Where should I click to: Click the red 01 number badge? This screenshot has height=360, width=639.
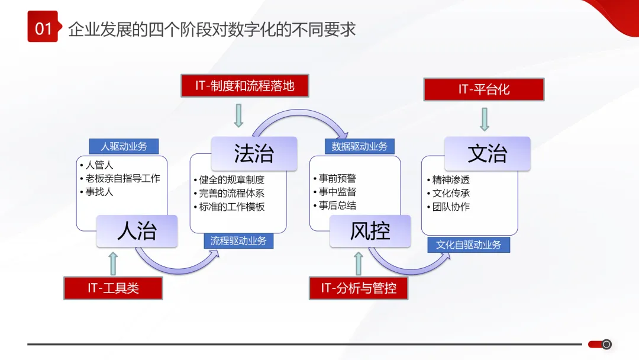pos(43,27)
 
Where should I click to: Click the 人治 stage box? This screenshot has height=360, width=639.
pos(137,230)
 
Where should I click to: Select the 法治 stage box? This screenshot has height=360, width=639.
pos(254,154)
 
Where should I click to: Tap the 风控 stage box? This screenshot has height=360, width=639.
pos(370,230)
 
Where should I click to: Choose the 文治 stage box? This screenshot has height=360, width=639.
pos(487,154)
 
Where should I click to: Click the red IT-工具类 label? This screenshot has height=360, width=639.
pos(113,288)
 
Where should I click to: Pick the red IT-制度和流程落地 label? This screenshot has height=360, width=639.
pos(245,85)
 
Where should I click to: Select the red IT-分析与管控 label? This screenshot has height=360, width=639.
pos(359,288)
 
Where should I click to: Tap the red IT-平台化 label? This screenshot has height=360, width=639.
pos(483,89)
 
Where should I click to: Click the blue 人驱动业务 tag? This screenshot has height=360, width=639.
pos(124,146)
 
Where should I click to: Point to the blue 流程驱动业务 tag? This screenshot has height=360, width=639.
pos(238,241)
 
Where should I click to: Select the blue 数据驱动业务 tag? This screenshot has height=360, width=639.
pos(359,146)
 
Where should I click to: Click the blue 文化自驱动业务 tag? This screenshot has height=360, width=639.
pos(469,245)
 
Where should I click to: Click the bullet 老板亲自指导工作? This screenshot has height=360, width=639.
pos(122,178)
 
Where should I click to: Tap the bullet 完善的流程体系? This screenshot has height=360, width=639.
pos(231,193)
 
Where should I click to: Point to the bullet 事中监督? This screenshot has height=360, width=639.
pos(337,192)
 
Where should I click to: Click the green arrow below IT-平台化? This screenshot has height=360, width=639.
pos(484,118)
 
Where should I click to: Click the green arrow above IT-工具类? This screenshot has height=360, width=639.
pos(113,263)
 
